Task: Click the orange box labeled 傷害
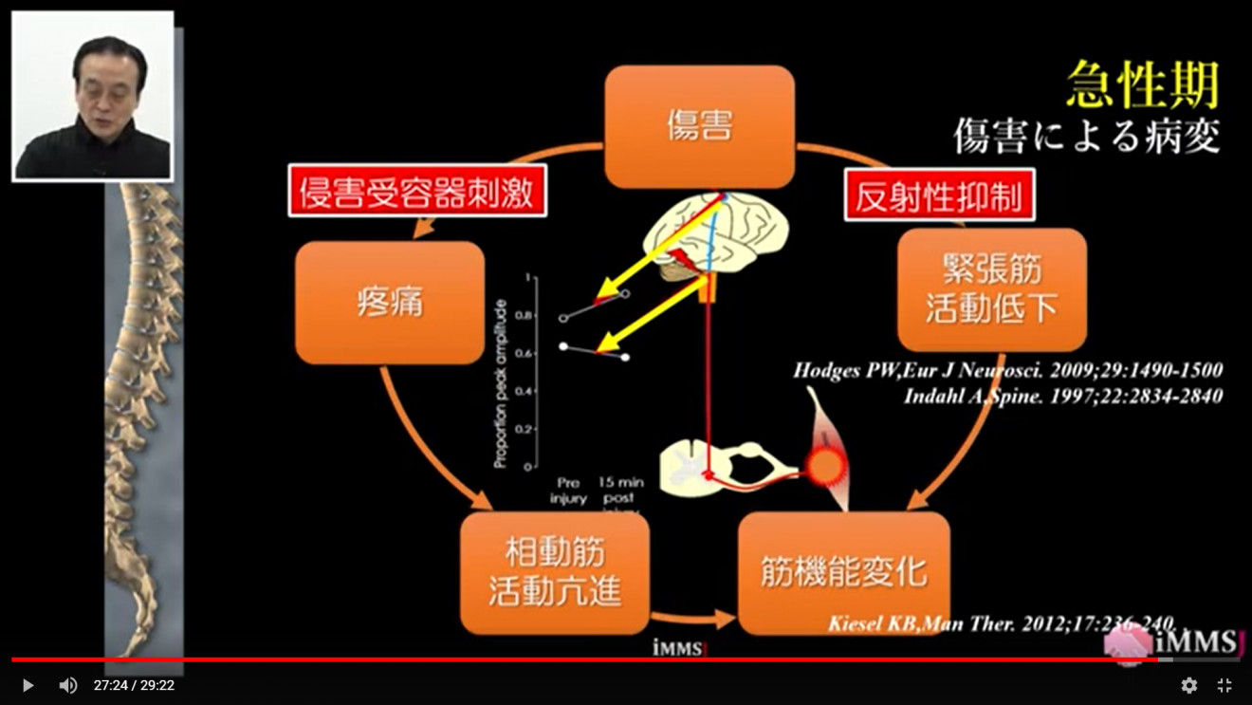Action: tap(699, 126)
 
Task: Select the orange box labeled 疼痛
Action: tap(390, 303)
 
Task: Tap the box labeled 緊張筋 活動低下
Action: tap(991, 289)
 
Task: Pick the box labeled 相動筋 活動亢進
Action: tap(555, 573)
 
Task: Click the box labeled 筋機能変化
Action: tap(843, 573)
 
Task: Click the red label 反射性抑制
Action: tap(939, 195)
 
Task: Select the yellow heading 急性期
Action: tap(1142, 85)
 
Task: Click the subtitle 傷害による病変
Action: tap(1086, 137)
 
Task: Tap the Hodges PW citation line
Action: tap(1007, 370)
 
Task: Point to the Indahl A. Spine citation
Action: tap(1062, 396)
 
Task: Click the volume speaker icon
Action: tap(68, 685)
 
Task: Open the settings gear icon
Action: tap(1188, 685)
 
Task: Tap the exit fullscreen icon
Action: tap(1224, 685)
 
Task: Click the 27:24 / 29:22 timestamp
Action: tap(134, 685)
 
